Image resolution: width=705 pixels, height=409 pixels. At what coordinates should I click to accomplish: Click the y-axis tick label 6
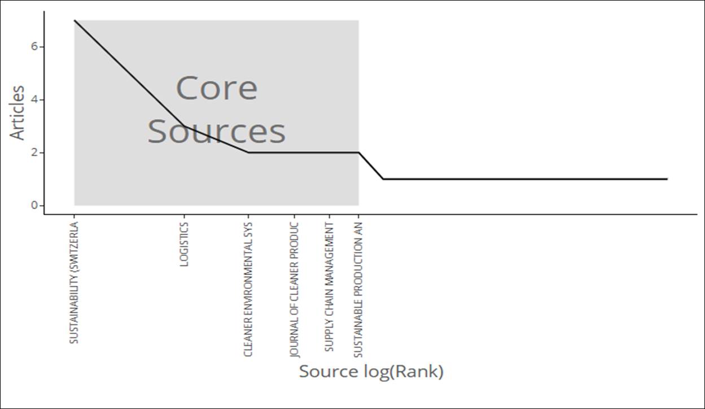[34, 47]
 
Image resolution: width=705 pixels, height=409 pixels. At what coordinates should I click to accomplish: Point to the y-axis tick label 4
[34, 100]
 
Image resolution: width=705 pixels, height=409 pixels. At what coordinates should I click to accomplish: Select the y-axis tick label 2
[34, 153]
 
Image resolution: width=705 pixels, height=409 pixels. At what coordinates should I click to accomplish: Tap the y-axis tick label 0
[34, 206]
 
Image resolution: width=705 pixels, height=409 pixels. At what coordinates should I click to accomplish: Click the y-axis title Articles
[17, 112]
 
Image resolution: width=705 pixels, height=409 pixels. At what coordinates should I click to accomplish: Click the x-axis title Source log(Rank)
[371, 372]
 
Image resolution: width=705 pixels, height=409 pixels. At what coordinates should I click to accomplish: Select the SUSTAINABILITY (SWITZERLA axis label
[73, 282]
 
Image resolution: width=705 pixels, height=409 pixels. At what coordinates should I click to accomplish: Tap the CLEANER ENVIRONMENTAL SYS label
[248, 289]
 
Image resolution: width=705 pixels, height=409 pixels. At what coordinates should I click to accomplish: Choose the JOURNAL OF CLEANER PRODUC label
[294, 290]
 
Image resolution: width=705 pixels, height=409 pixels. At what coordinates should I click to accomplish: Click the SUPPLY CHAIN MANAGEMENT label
[329, 287]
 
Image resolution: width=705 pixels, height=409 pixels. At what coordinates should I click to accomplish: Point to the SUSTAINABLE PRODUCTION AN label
[358, 290]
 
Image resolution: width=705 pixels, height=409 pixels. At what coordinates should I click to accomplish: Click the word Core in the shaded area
[217, 88]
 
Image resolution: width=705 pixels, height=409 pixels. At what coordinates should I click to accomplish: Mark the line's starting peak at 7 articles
[75, 20]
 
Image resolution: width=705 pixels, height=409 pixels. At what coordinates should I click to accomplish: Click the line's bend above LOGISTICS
[184, 127]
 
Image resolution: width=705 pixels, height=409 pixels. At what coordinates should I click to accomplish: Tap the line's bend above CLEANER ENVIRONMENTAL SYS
[248, 153]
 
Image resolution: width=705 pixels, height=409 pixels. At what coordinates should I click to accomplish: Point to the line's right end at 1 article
[667, 179]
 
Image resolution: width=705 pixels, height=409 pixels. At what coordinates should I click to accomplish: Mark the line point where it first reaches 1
[383, 179]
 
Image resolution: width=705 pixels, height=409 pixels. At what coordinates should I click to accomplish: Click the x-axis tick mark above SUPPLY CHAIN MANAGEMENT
[329, 216]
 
